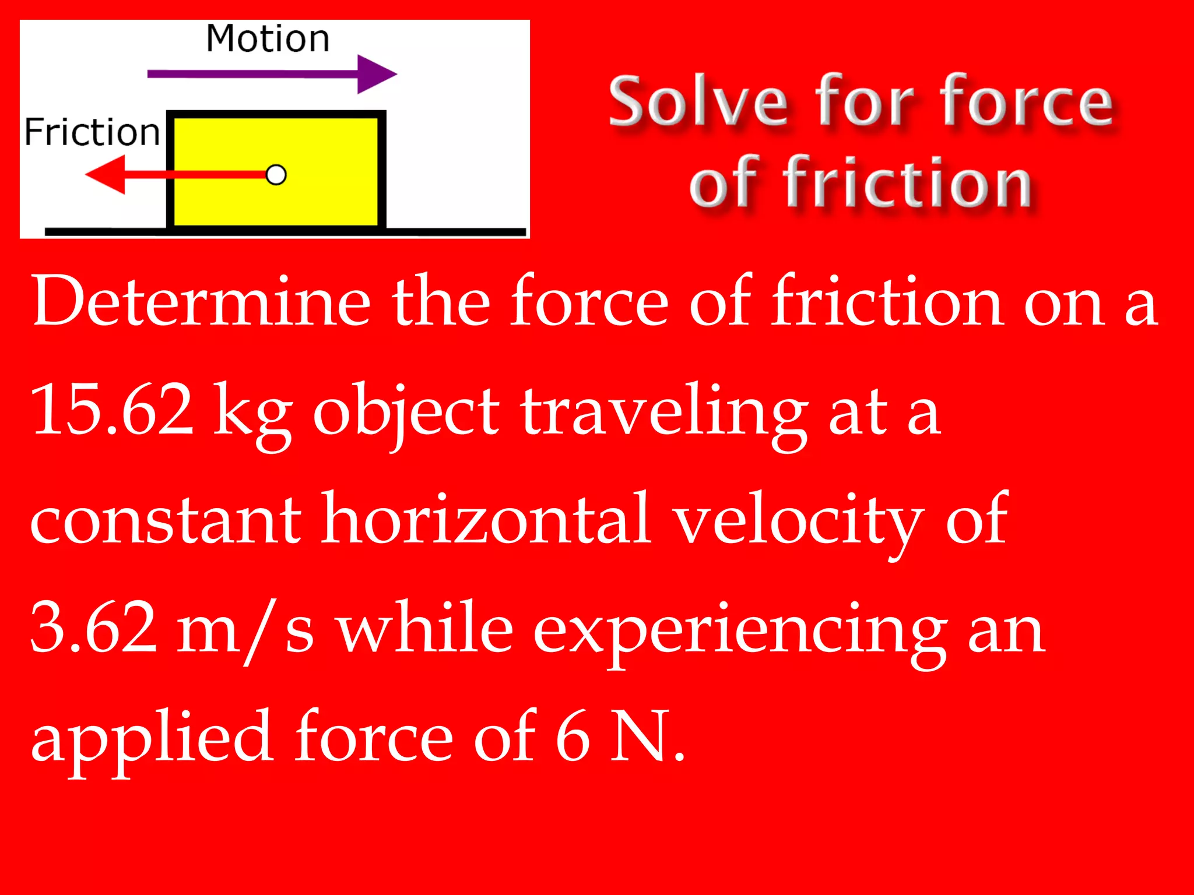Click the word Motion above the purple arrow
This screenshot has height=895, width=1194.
[x=268, y=39]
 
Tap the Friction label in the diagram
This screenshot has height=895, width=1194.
[x=92, y=132]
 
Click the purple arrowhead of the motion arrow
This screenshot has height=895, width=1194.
[x=375, y=74]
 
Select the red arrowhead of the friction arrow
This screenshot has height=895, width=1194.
[x=106, y=174]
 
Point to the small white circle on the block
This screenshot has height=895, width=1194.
[x=276, y=175]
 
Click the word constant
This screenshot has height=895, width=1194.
[x=166, y=520]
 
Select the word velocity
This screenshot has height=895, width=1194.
[x=799, y=520]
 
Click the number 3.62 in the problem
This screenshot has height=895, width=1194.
[x=94, y=628]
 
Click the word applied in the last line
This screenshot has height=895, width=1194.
[x=152, y=738]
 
